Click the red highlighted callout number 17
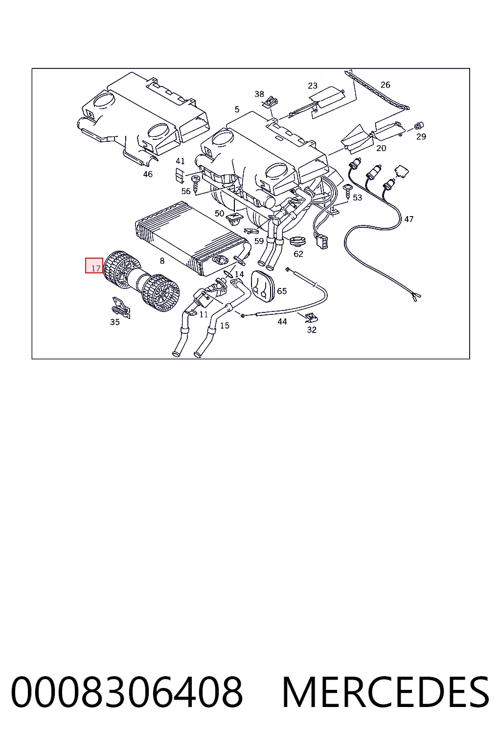tap(95, 268)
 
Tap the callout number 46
tap(148, 175)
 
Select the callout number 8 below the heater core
tap(162, 261)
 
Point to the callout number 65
tap(282, 291)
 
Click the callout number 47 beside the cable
tap(409, 219)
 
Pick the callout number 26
tap(385, 85)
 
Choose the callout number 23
tap(313, 86)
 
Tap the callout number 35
tap(115, 322)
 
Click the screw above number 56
tap(195, 184)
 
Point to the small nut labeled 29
tap(418, 126)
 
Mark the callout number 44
tap(282, 322)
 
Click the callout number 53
tap(357, 198)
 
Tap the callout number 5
tap(237, 110)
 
